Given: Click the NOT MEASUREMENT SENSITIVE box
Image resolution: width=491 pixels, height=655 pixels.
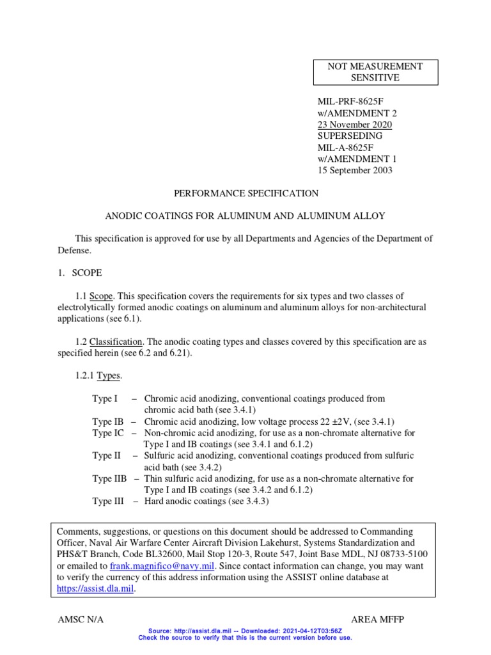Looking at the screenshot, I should tap(375, 72).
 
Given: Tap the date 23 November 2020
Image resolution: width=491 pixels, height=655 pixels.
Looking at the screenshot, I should tap(355, 125).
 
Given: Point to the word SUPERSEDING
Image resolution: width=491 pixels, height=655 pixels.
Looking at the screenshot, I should tap(350, 136).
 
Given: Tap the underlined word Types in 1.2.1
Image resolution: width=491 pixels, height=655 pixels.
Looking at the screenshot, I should tap(108, 376).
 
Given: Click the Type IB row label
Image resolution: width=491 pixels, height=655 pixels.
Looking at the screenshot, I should tap(107, 422).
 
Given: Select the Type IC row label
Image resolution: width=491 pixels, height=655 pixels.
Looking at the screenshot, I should tap(108, 433).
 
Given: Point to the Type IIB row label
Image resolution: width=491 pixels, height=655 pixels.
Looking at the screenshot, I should tap(109, 478).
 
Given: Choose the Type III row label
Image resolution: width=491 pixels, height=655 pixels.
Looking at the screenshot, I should tap(108, 501).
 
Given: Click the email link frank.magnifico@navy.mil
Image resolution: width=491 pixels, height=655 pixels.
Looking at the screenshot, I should tap(162, 566).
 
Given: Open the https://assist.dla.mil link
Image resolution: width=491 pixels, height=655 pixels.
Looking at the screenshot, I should tap(95, 589).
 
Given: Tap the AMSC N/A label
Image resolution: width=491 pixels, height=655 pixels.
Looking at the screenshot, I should tap(80, 620).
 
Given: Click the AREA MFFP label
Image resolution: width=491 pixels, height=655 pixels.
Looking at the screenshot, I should tap(377, 620).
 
